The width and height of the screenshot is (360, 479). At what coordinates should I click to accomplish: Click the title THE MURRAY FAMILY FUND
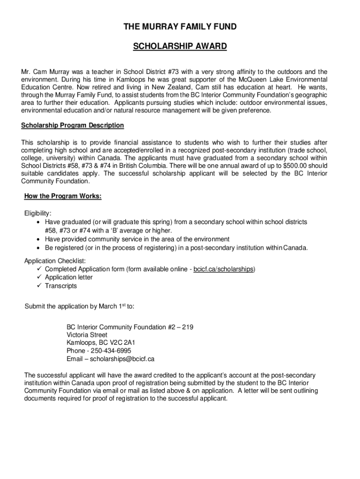point(180,27)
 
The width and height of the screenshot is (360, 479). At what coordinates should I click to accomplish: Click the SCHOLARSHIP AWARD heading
point(180,46)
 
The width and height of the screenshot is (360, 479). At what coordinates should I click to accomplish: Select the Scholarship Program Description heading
point(72,125)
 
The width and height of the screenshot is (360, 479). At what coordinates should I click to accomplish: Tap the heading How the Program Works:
point(63,196)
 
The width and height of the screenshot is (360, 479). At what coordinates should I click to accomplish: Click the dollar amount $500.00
point(292,166)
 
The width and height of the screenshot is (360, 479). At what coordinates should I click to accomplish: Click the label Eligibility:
point(38,213)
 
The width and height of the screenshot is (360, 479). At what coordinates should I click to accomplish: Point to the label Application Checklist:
point(55,261)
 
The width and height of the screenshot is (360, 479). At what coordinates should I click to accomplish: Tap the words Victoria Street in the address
point(87,335)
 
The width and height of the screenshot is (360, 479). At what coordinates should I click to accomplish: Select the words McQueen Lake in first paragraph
point(259,80)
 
